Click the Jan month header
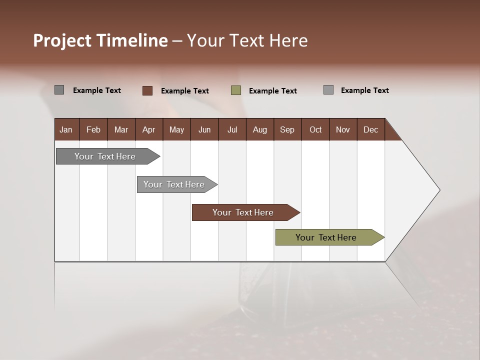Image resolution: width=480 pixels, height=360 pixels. (66, 129)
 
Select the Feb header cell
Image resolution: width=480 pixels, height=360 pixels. (93, 129)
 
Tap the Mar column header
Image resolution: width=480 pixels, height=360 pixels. (121, 129)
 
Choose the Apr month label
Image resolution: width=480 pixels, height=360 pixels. (149, 129)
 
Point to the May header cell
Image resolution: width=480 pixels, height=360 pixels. (176, 129)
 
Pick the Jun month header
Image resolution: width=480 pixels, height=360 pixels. (204, 129)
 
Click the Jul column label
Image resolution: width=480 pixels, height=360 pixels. (232, 129)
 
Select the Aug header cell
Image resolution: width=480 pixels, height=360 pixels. (260, 129)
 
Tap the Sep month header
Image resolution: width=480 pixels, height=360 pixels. (287, 129)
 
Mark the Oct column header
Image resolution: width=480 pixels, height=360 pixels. (315, 129)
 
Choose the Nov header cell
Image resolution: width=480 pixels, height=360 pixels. (343, 129)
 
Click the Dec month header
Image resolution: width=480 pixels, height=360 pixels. (371, 129)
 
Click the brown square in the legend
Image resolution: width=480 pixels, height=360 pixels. (147, 90)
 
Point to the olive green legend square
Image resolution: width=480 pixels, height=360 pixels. (236, 90)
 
